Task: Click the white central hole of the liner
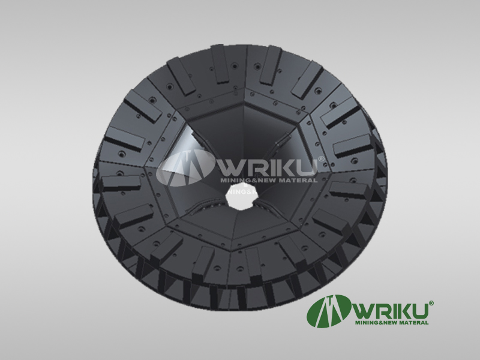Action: click(x=241, y=196)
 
